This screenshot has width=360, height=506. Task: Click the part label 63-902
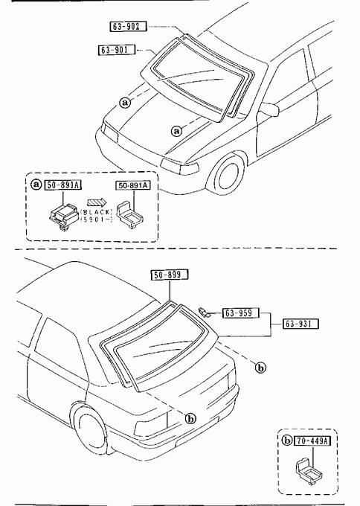[129, 27]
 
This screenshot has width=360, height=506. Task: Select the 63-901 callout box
[117, 50]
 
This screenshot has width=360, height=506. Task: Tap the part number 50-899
[170, 275]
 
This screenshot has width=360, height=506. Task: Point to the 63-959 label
[241, 313]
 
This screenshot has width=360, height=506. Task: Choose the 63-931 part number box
[300, 324]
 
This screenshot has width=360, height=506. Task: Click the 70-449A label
[312, 441]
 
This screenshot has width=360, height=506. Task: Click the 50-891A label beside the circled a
[63, 185]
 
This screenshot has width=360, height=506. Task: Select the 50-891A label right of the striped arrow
[133, 185]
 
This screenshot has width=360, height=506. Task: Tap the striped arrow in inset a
[97, 202]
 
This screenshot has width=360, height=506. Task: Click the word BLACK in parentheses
[97, 212]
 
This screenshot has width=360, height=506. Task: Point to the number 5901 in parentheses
[96, 220]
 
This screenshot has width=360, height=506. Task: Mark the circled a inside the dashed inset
[36, 185]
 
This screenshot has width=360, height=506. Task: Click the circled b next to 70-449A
[287, 441]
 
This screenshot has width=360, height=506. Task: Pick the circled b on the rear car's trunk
[190, 419]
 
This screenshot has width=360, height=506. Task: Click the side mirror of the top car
[269, 109]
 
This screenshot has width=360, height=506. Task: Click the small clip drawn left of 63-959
[204, 311]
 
